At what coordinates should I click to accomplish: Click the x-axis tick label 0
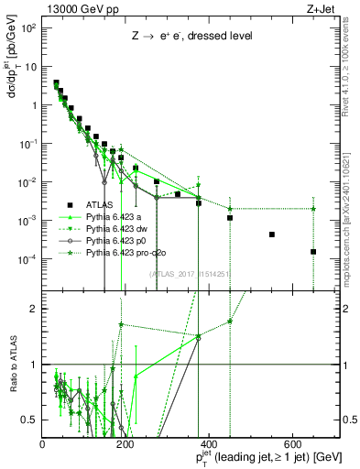click(43, 444)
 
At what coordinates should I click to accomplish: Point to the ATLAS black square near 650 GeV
click(313, 252)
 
